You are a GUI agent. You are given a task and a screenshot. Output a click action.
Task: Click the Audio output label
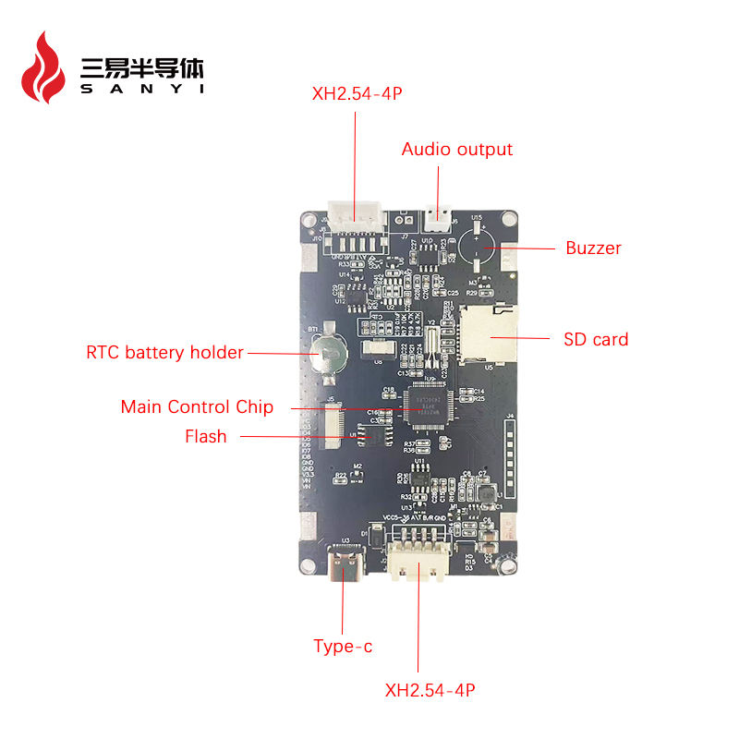point(456,150)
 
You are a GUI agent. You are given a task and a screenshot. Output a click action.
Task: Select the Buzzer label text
point(593,248)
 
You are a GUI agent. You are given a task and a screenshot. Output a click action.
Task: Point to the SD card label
point(596,340)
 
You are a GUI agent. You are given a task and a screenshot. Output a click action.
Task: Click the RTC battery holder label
point(164,352)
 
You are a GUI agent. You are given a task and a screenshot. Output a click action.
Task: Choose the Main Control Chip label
point(197,407)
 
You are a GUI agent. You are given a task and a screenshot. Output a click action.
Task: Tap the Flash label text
point(205,437)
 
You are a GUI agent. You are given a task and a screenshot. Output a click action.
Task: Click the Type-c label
point(343,647)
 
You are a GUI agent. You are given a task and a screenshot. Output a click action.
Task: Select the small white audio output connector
point(437,218)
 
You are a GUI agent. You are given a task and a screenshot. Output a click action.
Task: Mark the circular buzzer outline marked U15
point(478,247)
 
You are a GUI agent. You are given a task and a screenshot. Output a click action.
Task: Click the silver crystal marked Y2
point(430,350)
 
